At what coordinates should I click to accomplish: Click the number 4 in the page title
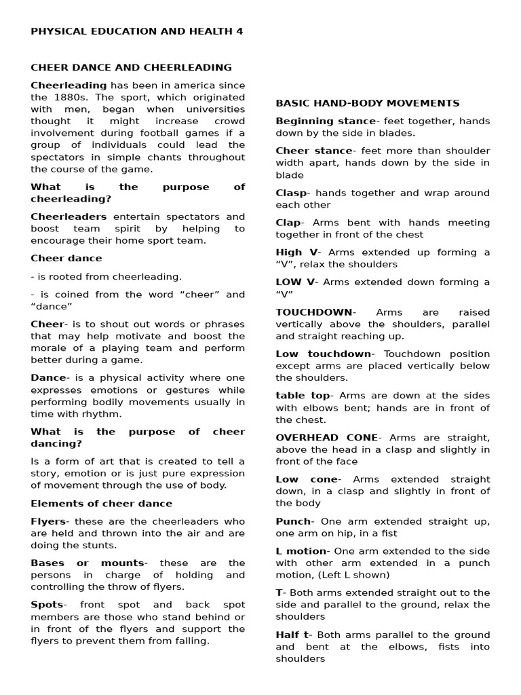239,31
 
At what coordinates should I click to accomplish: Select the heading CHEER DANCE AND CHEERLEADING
131,67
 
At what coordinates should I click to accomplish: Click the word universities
212,109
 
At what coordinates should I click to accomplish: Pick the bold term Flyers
49,521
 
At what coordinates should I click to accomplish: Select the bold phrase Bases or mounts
88,563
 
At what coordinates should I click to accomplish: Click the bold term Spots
47,605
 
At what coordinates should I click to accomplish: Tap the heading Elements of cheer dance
101,503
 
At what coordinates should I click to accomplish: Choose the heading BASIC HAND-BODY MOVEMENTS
367,103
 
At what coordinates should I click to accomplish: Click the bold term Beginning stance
325,121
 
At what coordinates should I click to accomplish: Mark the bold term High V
296,252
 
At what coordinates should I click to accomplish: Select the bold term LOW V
296,282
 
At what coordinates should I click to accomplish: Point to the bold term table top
303,396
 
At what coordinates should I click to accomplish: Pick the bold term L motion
301,550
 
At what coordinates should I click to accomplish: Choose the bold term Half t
294,635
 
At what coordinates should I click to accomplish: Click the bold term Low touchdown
324,354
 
